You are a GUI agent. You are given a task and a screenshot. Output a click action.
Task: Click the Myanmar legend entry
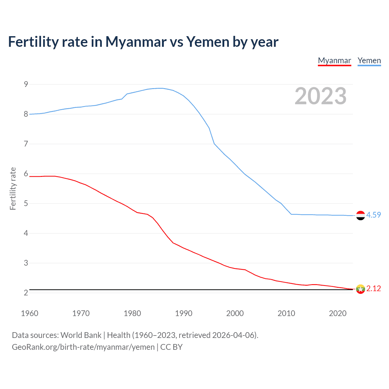tap(334, 61)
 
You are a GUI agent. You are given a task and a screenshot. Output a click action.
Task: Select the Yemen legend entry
tap(369, 61)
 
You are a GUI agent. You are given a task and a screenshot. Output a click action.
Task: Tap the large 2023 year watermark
tap(321, 96)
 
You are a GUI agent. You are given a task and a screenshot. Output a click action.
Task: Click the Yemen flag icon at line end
tap(360, 215)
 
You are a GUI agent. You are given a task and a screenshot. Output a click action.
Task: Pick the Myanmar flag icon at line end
tap(360, 289)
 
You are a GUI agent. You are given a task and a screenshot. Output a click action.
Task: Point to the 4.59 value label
tap(374, 215)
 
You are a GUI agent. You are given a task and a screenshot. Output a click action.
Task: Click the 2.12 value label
tap(374, 288)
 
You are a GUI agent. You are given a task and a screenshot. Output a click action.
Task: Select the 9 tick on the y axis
tap(26, 84)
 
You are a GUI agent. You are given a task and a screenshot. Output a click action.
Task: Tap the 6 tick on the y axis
tap(26, 174)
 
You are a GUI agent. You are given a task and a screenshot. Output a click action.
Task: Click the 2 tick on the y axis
tap(26, 293)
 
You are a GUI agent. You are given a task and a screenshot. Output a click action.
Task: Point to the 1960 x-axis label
tap(29, 313)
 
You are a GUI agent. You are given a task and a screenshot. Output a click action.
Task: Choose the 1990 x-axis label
tap(184, 313)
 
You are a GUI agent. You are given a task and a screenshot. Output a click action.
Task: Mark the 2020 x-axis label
tap(338, 313)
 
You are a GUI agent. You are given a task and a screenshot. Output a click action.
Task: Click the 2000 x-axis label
tap(235, 313)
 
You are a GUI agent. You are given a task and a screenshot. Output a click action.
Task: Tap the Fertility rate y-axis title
tap(13, 188)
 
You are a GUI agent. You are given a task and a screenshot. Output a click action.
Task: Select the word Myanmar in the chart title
tap(136, 42)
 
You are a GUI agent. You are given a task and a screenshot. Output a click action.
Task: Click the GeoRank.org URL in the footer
tap(83, 347)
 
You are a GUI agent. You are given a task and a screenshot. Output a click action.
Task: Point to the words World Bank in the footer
tap(81, 335)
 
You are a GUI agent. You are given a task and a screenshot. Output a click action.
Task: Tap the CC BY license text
tap(171, 347)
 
